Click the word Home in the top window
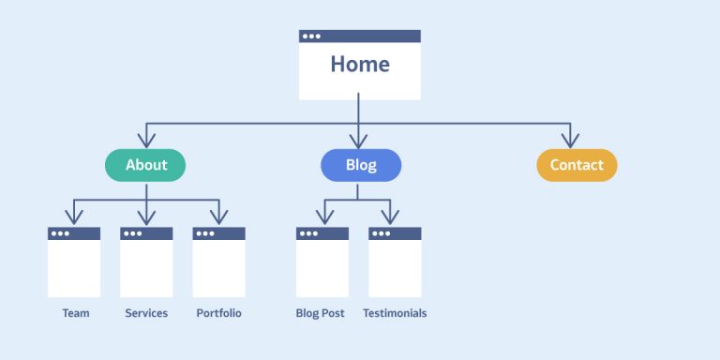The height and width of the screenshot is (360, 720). [x=360, y=65]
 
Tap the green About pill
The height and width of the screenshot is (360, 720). [x=145, y=165]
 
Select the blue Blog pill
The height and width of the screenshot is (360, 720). [x=361, y=165]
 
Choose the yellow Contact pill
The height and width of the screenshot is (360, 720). [x=577, y=165]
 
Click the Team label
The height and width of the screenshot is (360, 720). [x=76, y=313]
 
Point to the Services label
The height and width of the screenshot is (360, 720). [x=146, y=313]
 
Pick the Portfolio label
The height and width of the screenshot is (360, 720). [x=218, y=313]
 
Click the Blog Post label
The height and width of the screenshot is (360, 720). [x=322, y=313]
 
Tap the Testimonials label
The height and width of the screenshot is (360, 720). [x=395, y=313]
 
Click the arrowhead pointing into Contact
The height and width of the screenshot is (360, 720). [x=569, y=142]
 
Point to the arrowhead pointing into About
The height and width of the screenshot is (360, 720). [x=145, y=142]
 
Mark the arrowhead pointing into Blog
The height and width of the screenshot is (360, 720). [x=358, y=142]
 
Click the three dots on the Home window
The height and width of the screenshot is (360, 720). [x=310, y=37]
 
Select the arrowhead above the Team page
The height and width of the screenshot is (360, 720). [x=74, y=217]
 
